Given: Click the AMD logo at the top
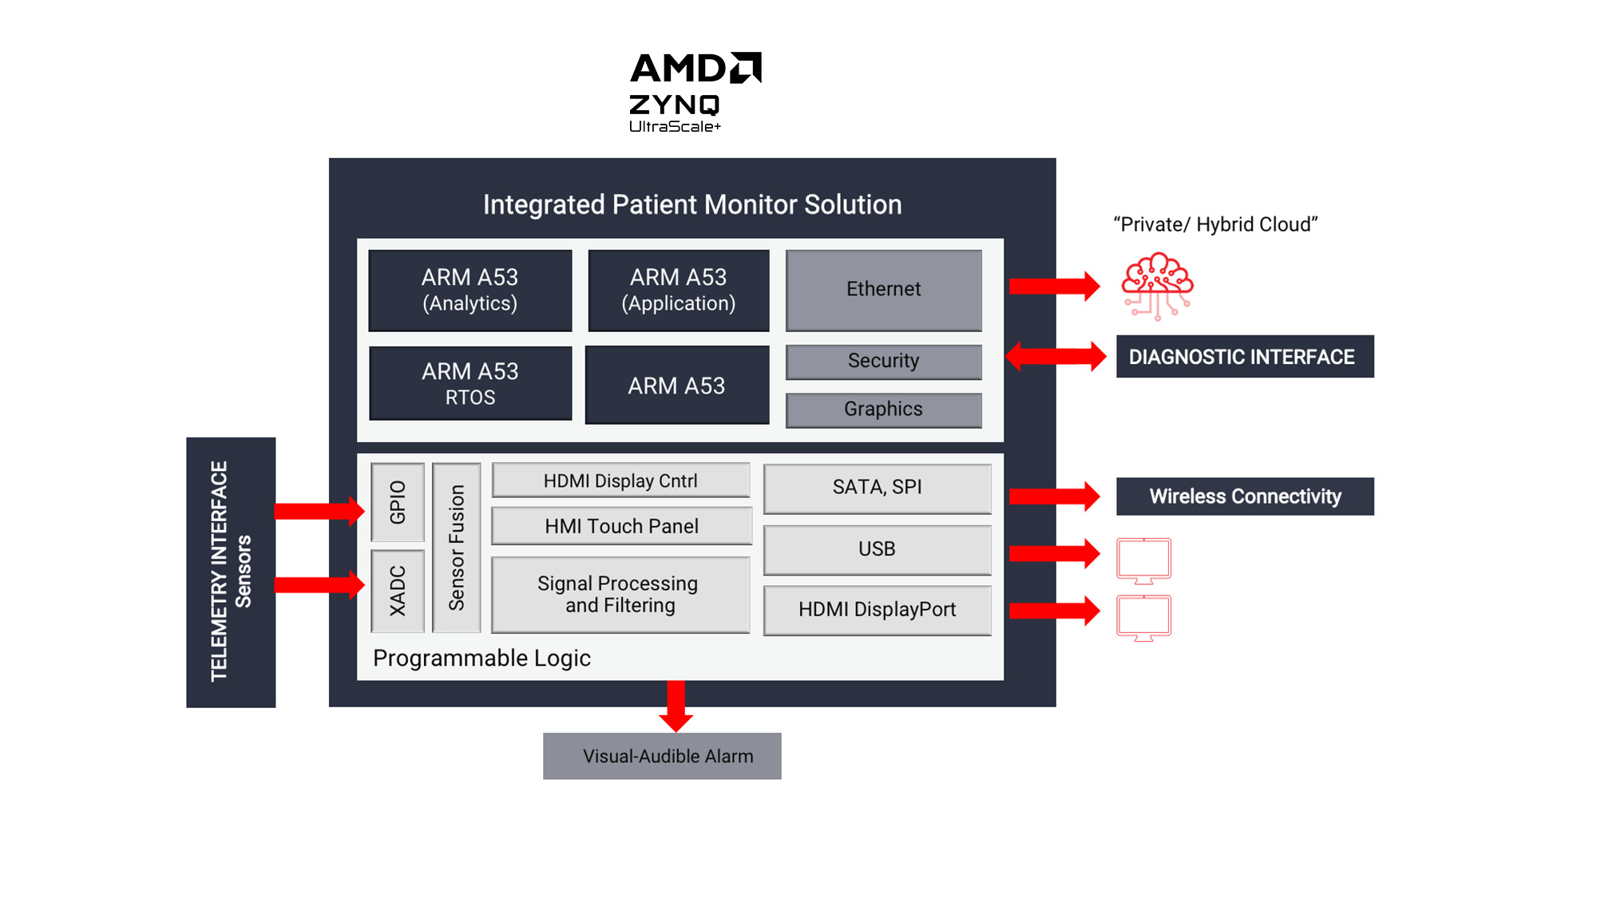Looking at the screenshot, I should (695, 69).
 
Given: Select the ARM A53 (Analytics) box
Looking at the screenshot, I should (470, 291).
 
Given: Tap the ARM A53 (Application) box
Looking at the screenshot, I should (679, 291).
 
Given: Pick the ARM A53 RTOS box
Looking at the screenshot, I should (470, 384).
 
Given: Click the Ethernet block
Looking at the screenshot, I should (883, 290).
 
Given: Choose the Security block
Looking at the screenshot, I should (883, 362).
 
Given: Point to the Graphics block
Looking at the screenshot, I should (883, 409).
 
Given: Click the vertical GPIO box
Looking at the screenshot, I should (398, 502).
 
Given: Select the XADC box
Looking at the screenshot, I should (398, 591).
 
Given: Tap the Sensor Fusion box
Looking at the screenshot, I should (457, 548).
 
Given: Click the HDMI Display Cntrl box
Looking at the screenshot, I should (620, 481).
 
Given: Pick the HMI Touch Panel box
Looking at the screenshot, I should (621, 526).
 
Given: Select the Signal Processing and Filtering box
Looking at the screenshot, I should (620, 595).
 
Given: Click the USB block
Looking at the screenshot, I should (877, 549).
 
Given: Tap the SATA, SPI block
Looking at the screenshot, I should (877, 488).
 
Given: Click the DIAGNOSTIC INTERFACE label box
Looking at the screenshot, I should (1244, 357).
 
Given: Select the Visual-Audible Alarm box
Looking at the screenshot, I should (662, 756).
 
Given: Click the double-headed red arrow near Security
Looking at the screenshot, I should (1056, 356).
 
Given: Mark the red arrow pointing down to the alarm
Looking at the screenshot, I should (676, 706).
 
